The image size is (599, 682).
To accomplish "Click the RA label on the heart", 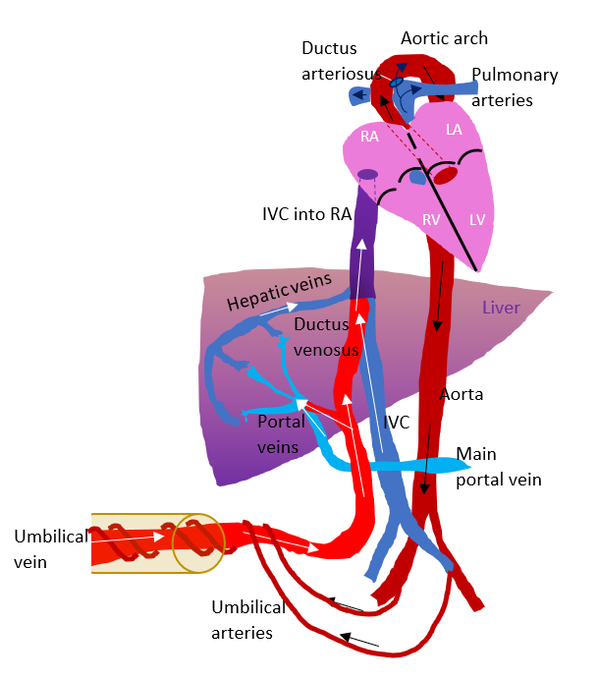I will tap(369, 137).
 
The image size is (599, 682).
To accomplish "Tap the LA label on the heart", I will tap(454, 130).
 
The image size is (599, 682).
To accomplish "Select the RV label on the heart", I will tap(431, 220).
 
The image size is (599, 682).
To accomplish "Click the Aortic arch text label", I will tap(444, 38).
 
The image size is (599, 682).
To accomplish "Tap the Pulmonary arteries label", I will tap(515, 87).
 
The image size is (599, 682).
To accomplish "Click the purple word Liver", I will tap(501, 308).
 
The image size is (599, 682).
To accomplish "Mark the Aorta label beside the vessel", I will tap(462, 394).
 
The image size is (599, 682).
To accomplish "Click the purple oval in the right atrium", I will tap(367, 175).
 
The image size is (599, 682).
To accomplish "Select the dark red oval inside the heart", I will tap(446, 176).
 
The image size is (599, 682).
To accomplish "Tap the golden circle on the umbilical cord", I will tap(198, 540).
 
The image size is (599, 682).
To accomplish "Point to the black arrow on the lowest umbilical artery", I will tap(362, 642).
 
